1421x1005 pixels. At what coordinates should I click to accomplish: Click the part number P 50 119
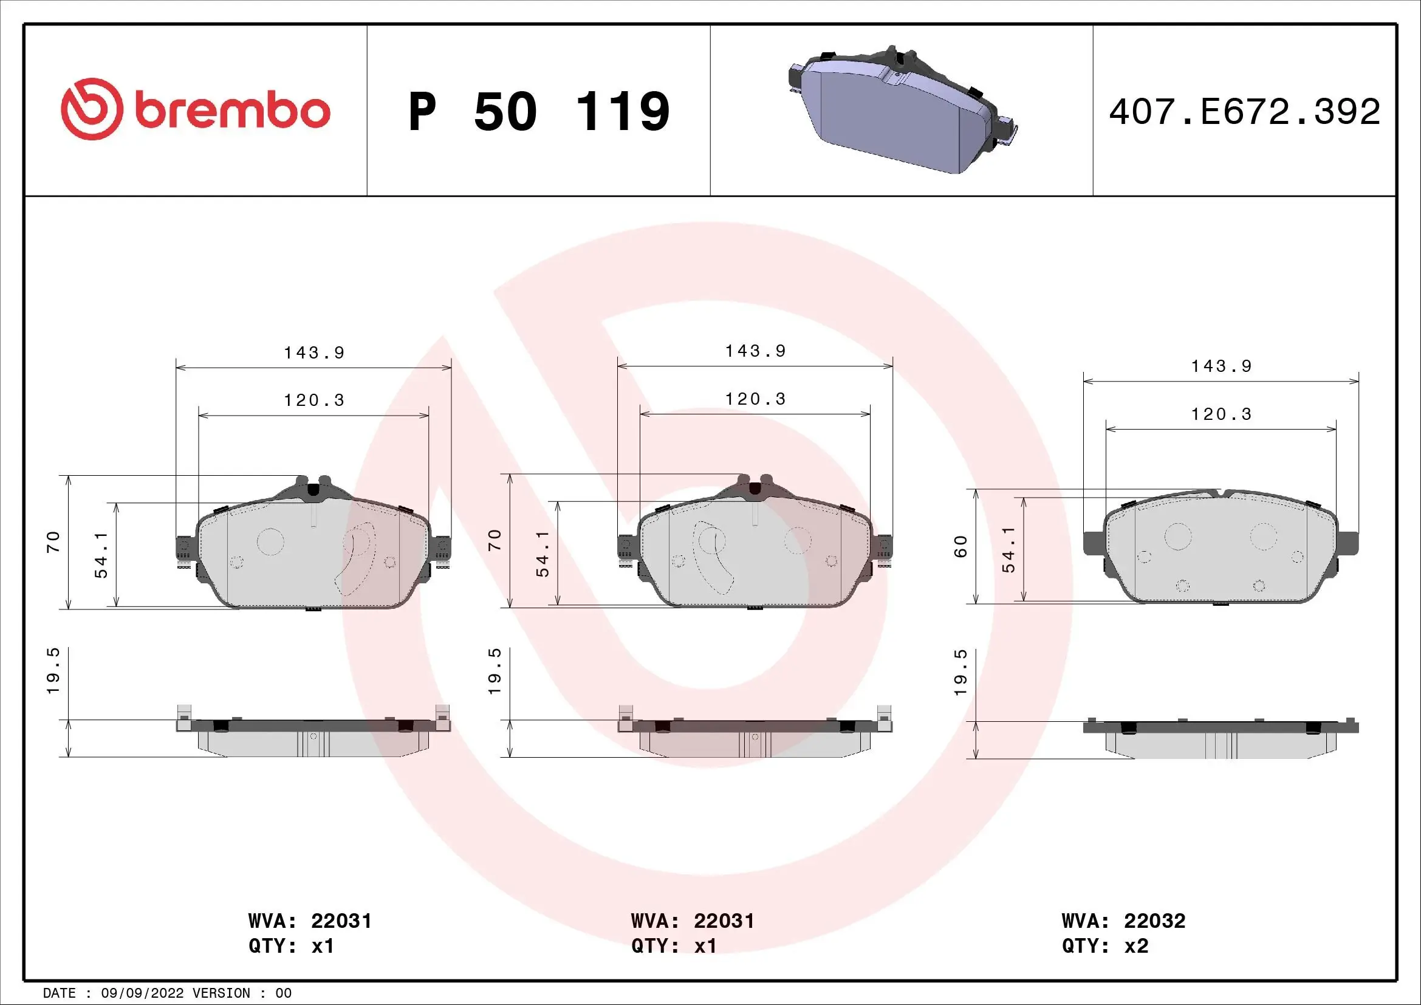click(538, 111)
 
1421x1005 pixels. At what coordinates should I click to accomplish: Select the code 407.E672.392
click(1244, 112)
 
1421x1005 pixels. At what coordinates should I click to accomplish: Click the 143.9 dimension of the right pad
click(1221, 366)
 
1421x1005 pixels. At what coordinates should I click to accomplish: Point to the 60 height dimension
click(960, 546)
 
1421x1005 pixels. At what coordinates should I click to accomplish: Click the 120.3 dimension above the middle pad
click(755, 399)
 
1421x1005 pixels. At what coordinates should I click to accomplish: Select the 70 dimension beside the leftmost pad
click(54, 541)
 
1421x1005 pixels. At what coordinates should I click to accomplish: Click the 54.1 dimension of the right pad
click(1009, 549)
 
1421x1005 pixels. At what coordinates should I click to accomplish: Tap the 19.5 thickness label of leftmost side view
click(54, 671)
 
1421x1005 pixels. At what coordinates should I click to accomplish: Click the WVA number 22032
click(1154, 921)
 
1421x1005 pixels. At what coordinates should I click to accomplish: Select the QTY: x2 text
click(1104, 946)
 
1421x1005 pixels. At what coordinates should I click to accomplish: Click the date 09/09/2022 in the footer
click(142, 993)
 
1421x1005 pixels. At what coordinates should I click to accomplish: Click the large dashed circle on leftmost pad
click(270, 541)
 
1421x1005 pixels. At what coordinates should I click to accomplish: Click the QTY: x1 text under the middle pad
click(673, 946)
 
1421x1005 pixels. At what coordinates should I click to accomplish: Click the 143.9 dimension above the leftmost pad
click(313, 353)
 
